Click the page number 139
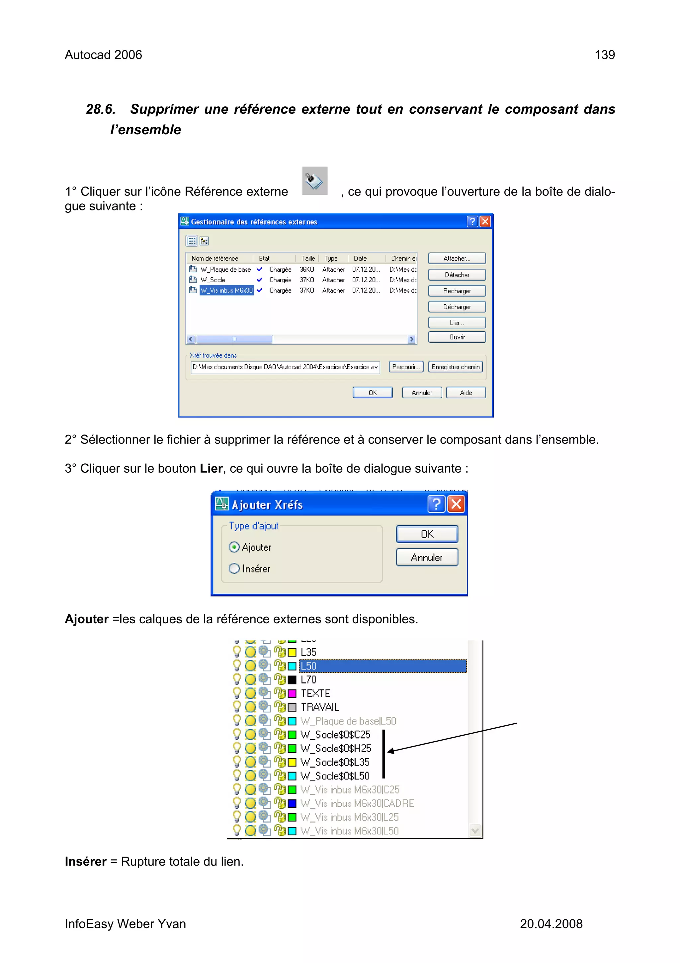tap(605, 55)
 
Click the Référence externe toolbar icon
tap(315, 181)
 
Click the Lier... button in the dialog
tap(457, 322)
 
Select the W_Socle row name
tap(213, 280)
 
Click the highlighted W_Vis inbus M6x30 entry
tap(226, 290)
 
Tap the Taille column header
tap(308, 258)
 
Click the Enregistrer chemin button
tap(456, 367)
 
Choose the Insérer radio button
tap(234, 568)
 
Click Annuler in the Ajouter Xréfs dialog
tap(427, 557)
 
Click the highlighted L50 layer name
tap(309, 665)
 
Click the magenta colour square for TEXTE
tap(292, 693)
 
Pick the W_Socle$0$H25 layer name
tap(336, 748)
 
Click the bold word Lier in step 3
tap(211, 468)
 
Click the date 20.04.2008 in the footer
tap(551, 923)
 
